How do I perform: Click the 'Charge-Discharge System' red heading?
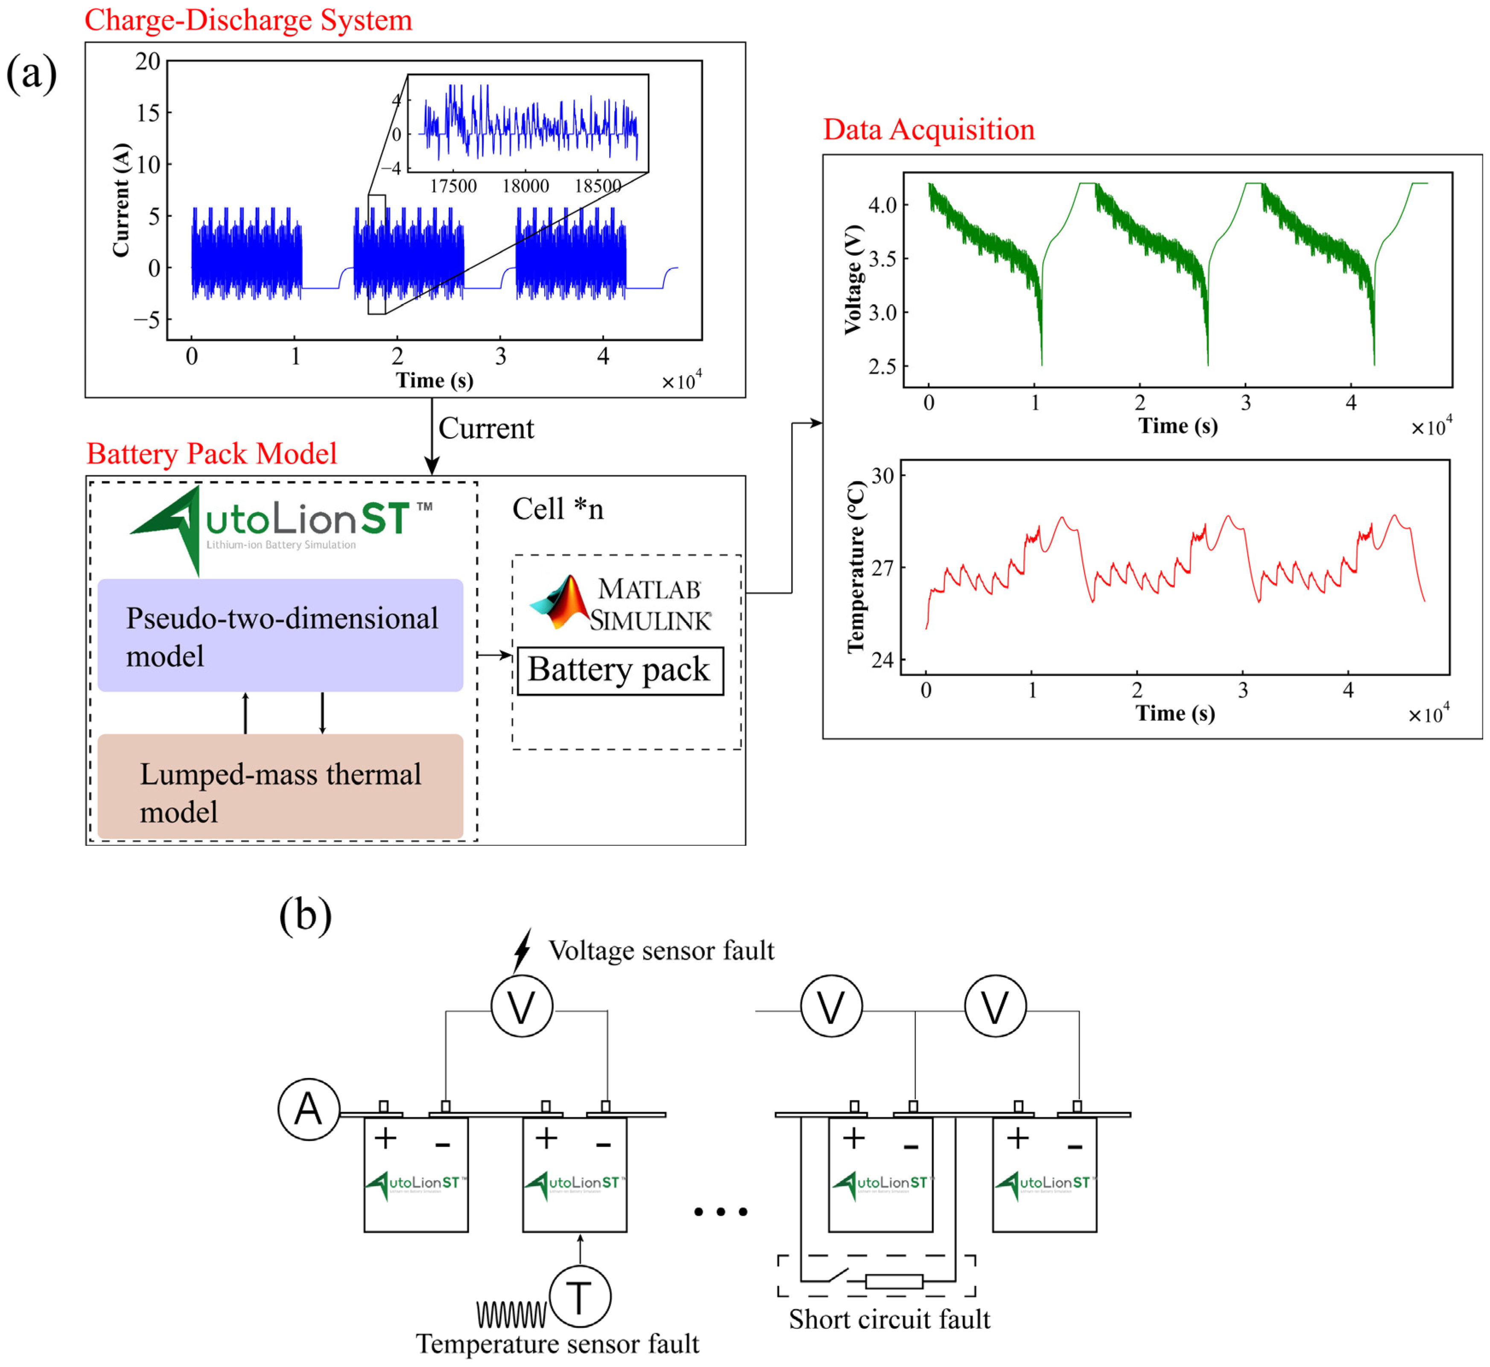coord(248,20)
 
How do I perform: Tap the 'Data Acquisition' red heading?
coord(929,129)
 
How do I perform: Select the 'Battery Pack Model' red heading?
coord(212,453)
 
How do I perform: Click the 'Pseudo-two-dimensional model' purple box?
coord(280,635)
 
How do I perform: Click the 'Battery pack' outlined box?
coord(620,670)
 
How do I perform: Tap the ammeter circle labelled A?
coord(309,1109)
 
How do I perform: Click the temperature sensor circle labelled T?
coord(580,1297)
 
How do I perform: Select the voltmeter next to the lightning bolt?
coord(522,1006)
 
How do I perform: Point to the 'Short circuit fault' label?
coord(889,1319)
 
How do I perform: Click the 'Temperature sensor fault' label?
coord(557,1344)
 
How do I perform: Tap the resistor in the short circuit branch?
coord(894,1281)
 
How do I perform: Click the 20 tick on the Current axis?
coord(148,61)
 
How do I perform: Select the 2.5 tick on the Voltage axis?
coord(882,366)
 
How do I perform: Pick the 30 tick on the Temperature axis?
coord(882,476)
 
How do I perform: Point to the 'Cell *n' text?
coord(558,509)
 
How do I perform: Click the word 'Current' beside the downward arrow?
coord(486,428)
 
